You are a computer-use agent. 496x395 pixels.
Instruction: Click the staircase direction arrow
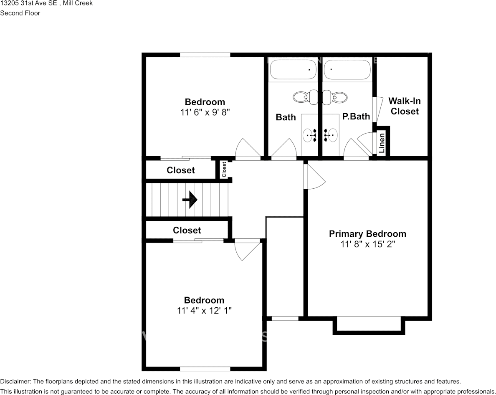[x=190, y=200]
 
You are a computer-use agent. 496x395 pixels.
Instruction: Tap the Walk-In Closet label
[x=405, y=106]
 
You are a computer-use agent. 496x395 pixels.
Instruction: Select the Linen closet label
[x=382, y=143]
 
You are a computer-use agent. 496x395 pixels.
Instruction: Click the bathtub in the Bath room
[x=292, y=70]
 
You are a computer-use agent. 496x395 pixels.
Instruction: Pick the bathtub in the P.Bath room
[x=347, y=70]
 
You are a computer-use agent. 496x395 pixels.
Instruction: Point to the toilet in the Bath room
[x=306, y=97]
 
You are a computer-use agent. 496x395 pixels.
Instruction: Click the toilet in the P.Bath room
[x=335, y=97]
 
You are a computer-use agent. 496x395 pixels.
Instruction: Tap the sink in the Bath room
[x=310, y=135]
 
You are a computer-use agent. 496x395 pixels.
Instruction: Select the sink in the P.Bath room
[x=331, y=135]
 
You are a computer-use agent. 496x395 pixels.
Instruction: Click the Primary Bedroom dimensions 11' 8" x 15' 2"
[x=367, y=244]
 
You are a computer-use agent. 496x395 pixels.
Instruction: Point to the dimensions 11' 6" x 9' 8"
[x=205, y=112]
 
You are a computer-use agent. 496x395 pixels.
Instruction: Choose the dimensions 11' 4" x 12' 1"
[x=204, y=311]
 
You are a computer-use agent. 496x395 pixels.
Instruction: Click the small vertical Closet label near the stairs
[x=224, y=170]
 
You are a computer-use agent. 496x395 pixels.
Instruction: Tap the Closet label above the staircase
[x=181, y=170]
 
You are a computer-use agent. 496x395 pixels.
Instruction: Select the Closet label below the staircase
[x=187, y=230]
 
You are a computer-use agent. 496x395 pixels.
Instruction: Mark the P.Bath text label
[x=356, y=116]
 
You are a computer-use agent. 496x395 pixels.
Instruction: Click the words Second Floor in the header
[x=20, y=13]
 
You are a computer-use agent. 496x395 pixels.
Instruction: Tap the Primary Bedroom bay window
[x=369, y=326]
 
